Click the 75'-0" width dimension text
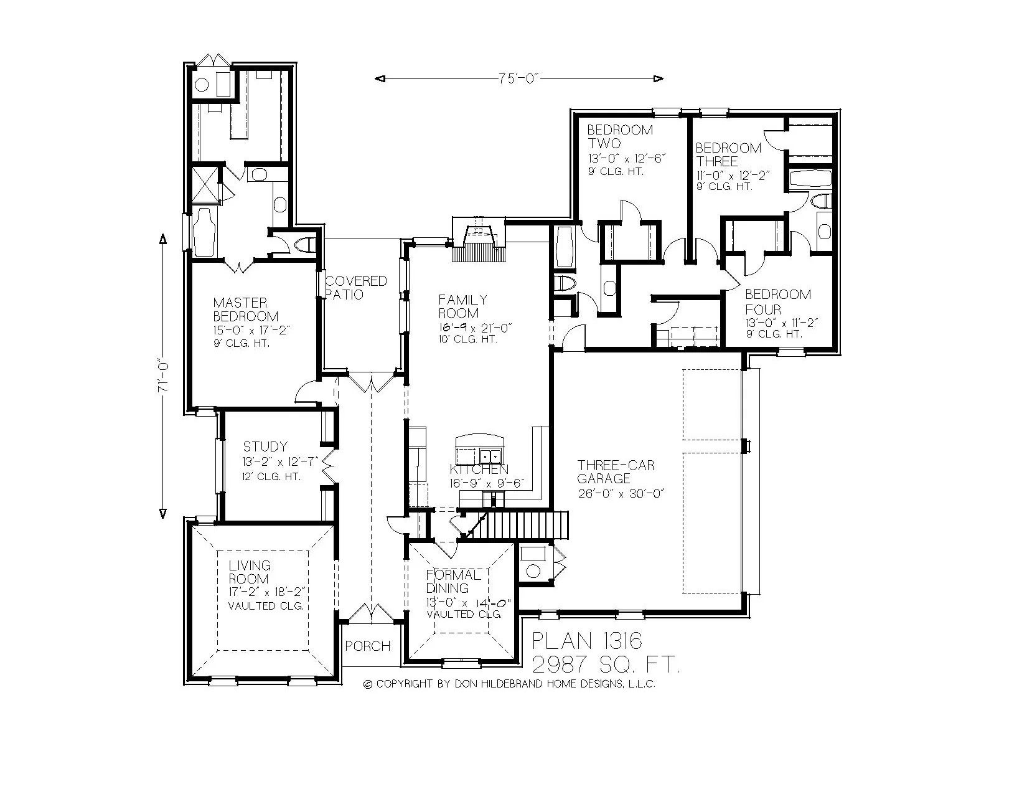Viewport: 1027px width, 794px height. (x=518, y=78)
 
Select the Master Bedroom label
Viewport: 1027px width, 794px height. (x=245, y=310)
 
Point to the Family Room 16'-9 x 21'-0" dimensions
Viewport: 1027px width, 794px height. (x=474, y=328)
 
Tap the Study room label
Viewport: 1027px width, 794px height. (x=265, y=447)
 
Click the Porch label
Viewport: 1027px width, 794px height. (x=368, y=646)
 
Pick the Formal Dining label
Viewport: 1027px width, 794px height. (x=453, y=581)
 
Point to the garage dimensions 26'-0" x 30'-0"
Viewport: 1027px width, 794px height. (x=621, y=493)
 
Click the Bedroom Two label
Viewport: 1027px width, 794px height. (x=620, y=136)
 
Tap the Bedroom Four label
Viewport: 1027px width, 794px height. (x=778, y=301)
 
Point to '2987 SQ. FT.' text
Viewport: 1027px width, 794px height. (x=605, y=664)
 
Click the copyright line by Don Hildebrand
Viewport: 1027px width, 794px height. (x=509, y=684)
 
